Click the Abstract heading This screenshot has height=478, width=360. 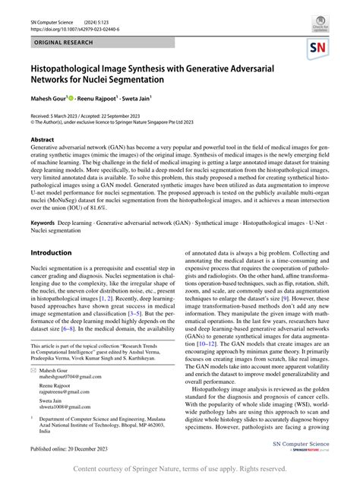click(x=42, y=140)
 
